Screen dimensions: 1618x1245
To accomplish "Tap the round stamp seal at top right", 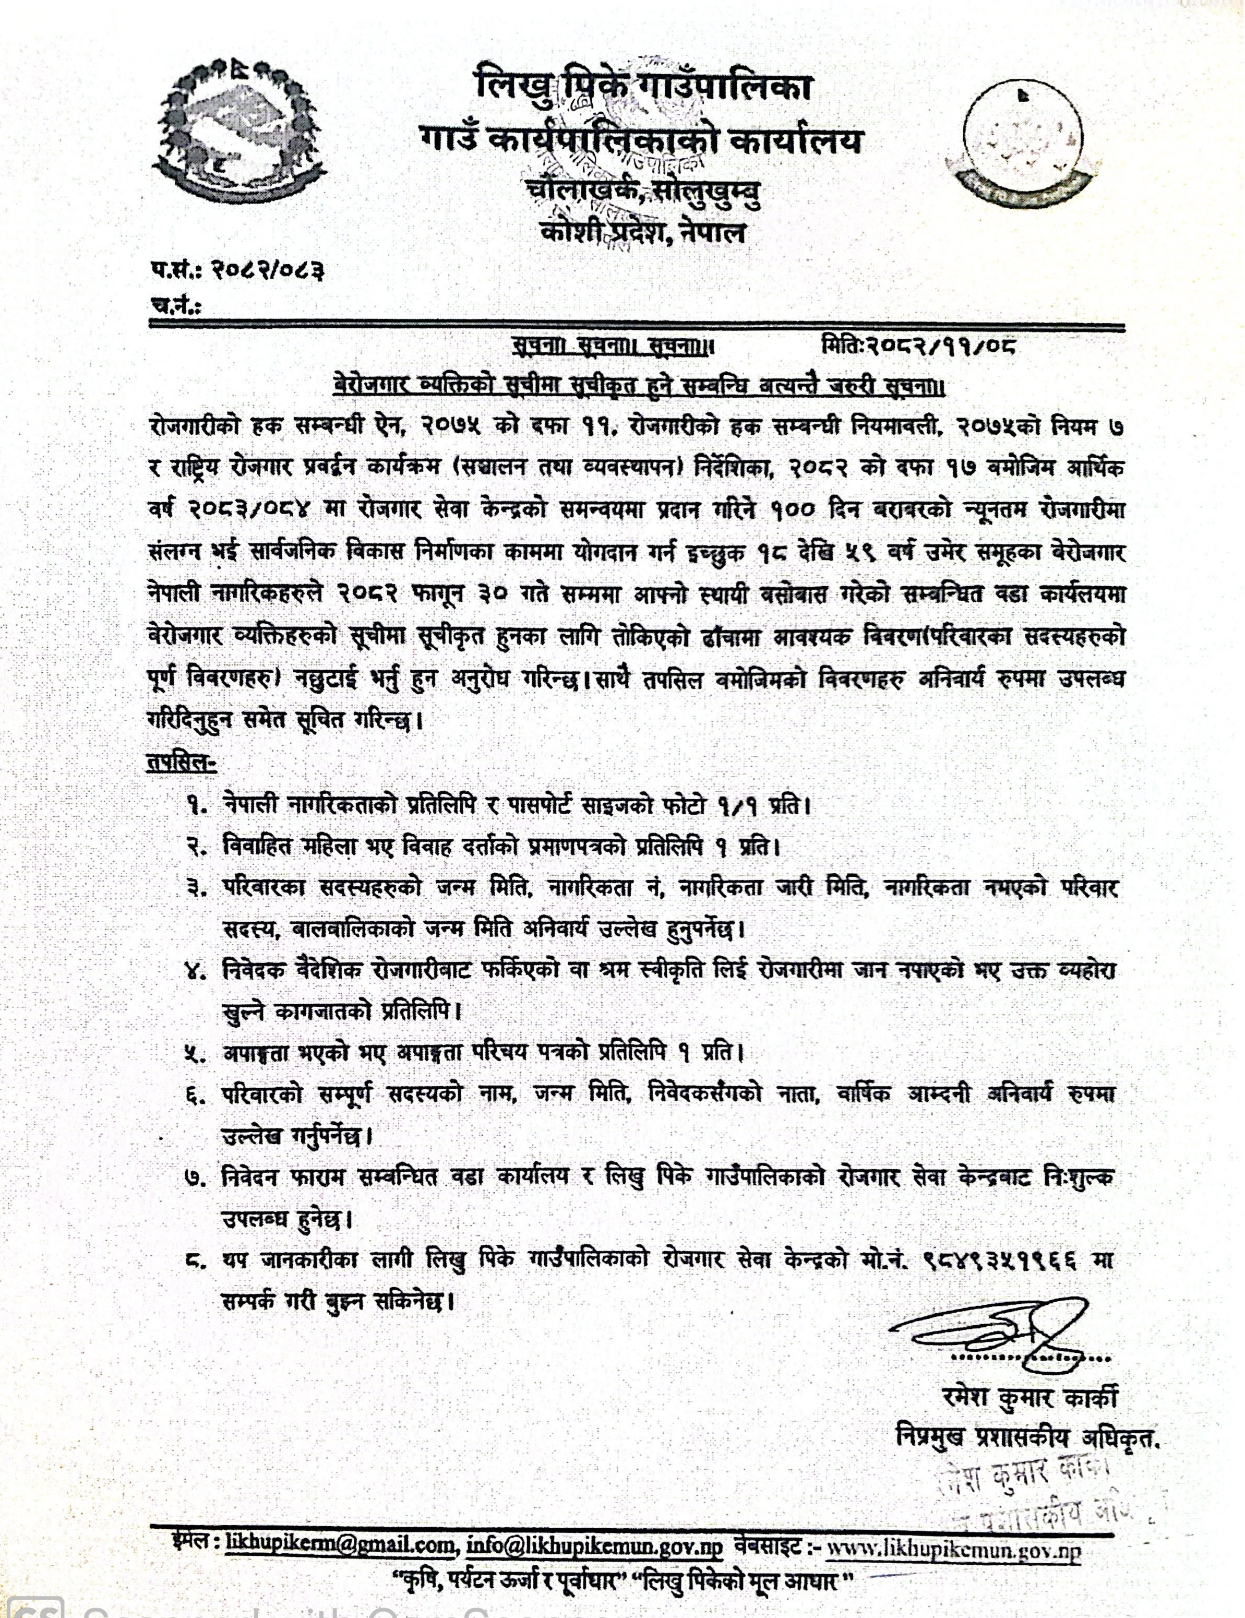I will [1026, 141].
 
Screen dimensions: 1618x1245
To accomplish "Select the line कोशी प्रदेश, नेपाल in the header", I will [643, 233].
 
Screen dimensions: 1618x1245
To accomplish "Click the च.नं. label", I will [175, 305].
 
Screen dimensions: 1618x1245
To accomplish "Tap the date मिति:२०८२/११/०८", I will [918, 347].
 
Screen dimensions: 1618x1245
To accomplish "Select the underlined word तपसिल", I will [180, 764].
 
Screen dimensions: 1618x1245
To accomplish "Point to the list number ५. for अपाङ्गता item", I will [196, 1052].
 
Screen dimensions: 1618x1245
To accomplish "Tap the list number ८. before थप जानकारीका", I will [196, 1260].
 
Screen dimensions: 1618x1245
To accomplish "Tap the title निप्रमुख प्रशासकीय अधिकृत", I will [1026, 1438].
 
